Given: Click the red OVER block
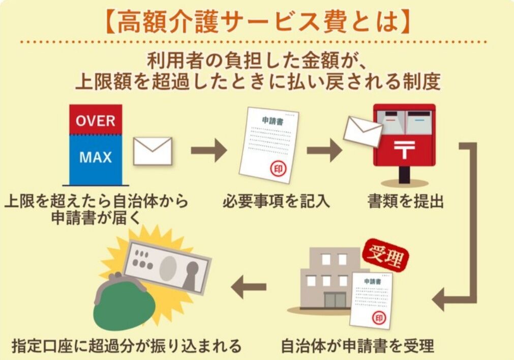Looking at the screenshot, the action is pyautogui.click(x=96, y=120).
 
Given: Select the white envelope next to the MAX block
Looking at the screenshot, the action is pyautogui.click(x=153, y=151).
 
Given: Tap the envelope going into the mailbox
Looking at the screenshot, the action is pyautogui.click(x=362, y=131).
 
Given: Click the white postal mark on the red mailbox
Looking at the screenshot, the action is pyautogui.click(x=404, y=150).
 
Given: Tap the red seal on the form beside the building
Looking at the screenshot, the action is pyautogui.click(x=378, y=318).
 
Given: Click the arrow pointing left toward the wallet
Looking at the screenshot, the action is pyautogui.click(x=249, y=288).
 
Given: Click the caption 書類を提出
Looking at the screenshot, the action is pyautogui.click(x=405, y=201).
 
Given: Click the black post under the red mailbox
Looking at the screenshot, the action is pyautogui.click(x=404, y=175).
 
